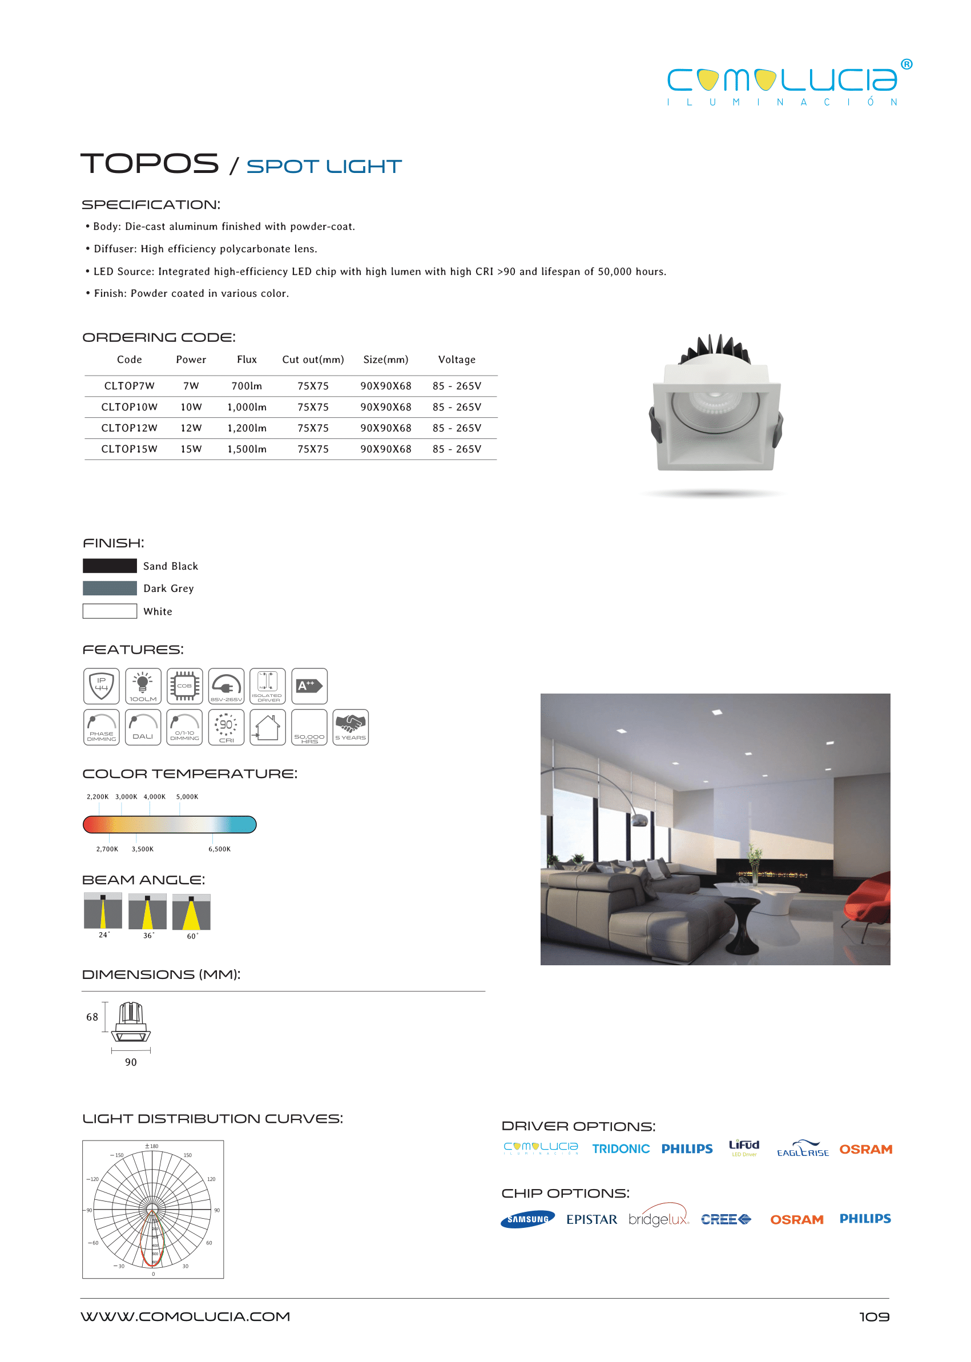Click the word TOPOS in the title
click(150, 164)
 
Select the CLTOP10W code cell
click(129, 407)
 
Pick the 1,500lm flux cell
click(247, 449)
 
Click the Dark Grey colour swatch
click(110, 589)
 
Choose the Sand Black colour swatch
click(110, 566)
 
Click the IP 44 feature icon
click(102, 686)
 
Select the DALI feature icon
click(143, 727)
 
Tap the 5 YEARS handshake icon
click(350, 727)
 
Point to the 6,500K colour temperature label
click(219, 849)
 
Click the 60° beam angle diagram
click(191, 913)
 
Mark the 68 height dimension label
click(92, 1017)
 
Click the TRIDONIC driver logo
click(621, 1149)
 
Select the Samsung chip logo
click(527, 1219)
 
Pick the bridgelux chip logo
click(658, 1218)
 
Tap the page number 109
click(873, 1316)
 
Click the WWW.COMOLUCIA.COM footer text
click(186, 1316)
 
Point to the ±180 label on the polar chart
click(152, 1146)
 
